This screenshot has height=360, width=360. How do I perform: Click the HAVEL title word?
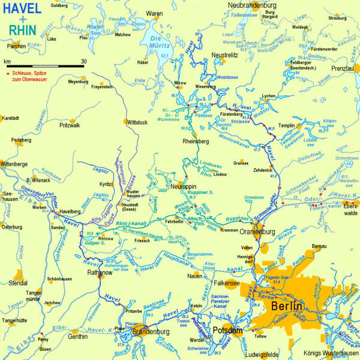[x=22, y=8]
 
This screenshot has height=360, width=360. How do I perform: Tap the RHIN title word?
[x=22, y=31]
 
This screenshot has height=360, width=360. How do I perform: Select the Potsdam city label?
[x=228, y=331]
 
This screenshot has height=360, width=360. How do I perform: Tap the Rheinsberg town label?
[x=196, y=142]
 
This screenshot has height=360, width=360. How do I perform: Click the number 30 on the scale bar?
[x=83, y=61]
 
